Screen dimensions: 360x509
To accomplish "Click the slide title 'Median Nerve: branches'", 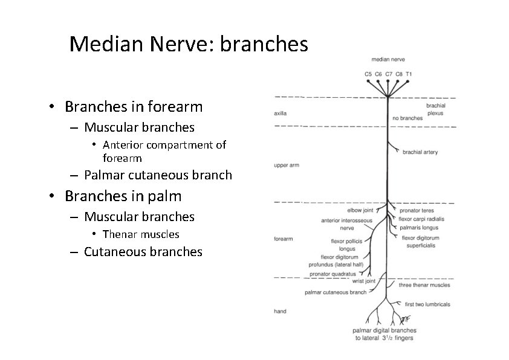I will [189, 44].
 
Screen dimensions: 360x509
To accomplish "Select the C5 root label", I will [368, 74].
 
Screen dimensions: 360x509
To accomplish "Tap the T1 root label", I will [409, 74].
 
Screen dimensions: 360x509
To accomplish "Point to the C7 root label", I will [388, 74].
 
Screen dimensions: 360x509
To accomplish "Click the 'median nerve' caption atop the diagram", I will [388, 59].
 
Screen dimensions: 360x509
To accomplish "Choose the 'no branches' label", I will [407, 118].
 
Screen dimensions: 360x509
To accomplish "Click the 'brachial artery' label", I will [420, 152].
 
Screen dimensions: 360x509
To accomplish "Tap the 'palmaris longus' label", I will [418, 228].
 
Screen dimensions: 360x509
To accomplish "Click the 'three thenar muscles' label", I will [424, 284].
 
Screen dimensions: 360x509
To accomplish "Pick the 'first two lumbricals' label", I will [427, 304].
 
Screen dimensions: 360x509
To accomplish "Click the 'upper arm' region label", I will [286, 165].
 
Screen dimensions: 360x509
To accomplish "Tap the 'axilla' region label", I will [280, 113].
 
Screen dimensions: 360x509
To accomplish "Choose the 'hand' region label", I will [280, 311].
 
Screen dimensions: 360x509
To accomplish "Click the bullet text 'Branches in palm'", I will [123, 196].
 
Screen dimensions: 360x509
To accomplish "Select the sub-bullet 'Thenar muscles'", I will [141, 234].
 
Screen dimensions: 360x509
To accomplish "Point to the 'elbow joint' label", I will [360, 210].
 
